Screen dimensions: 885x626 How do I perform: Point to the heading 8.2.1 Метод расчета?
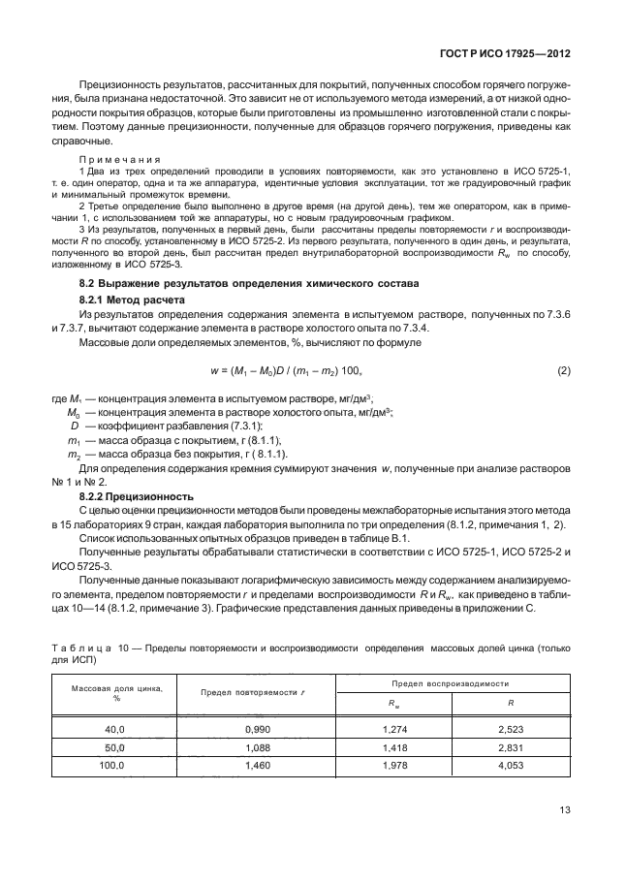pyautogui.click(x=130, y=301)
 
